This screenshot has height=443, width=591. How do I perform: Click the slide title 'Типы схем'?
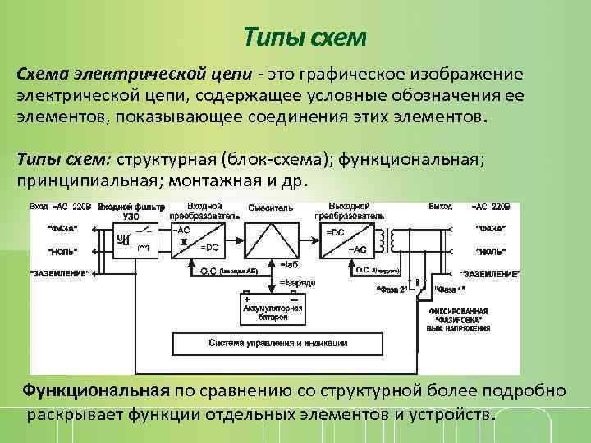click(305, 38)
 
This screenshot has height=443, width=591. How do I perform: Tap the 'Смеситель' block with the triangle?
click(274, 238)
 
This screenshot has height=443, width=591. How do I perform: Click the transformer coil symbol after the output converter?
click(396, 240)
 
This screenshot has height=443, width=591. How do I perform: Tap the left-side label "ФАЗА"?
click(64, 227)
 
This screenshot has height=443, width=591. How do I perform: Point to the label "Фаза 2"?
click(392, 290)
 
